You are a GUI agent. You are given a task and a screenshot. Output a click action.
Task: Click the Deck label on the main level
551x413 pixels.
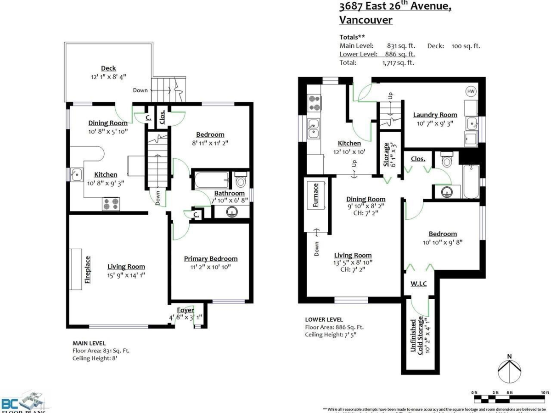click(108, 68)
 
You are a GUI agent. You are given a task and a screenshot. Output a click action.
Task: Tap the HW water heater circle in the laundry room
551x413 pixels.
click(471, 91)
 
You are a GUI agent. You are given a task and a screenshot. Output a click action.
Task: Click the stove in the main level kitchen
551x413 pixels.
click(111, 204)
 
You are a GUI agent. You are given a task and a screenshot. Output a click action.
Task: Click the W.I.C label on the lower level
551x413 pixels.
click(418, 284)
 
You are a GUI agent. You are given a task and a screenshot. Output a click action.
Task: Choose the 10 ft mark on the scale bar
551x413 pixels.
click(545, 392)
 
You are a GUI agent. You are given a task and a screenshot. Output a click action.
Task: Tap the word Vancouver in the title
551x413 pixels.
click(365, 20)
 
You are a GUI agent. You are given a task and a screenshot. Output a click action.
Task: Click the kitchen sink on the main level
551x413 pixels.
click(77, 174)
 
